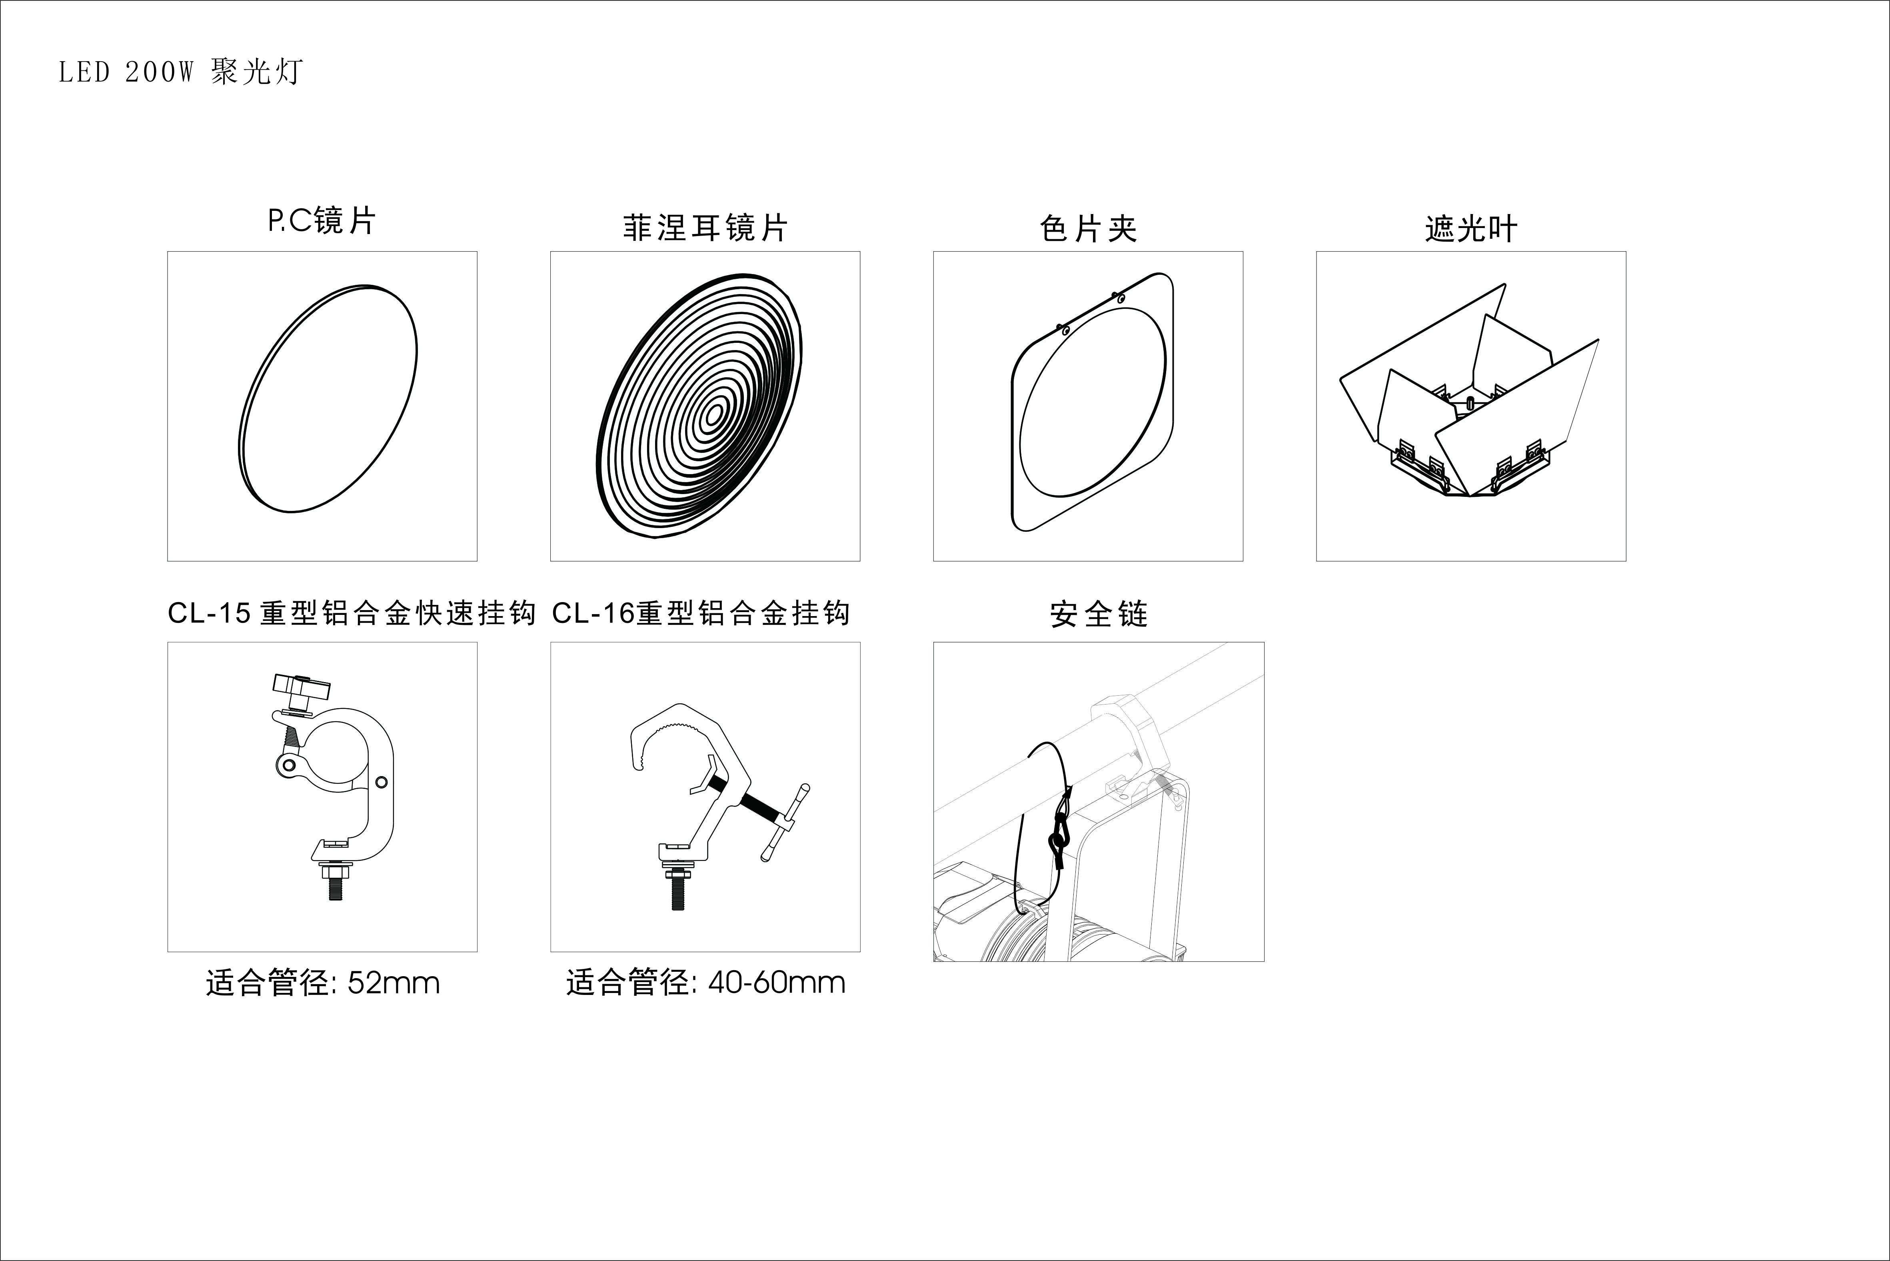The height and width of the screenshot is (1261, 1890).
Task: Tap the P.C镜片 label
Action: (x=322, y=220)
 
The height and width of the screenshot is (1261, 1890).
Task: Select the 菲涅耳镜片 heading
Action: (x=705, y=228)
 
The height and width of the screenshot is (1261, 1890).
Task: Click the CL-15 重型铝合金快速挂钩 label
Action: (x=351, y=614)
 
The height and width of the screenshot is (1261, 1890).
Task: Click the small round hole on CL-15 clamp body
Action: (x=381, y=782)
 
